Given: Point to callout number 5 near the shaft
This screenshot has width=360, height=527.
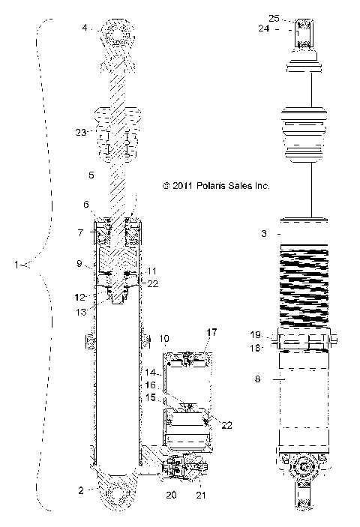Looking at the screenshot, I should (91, 177).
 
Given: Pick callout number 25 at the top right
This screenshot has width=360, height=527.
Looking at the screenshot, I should (273, 17).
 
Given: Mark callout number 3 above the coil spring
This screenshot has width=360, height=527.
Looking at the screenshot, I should (264, 235).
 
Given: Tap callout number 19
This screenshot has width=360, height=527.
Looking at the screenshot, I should (256, 335).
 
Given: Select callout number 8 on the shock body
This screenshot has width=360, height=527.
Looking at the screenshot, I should (259, 379).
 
